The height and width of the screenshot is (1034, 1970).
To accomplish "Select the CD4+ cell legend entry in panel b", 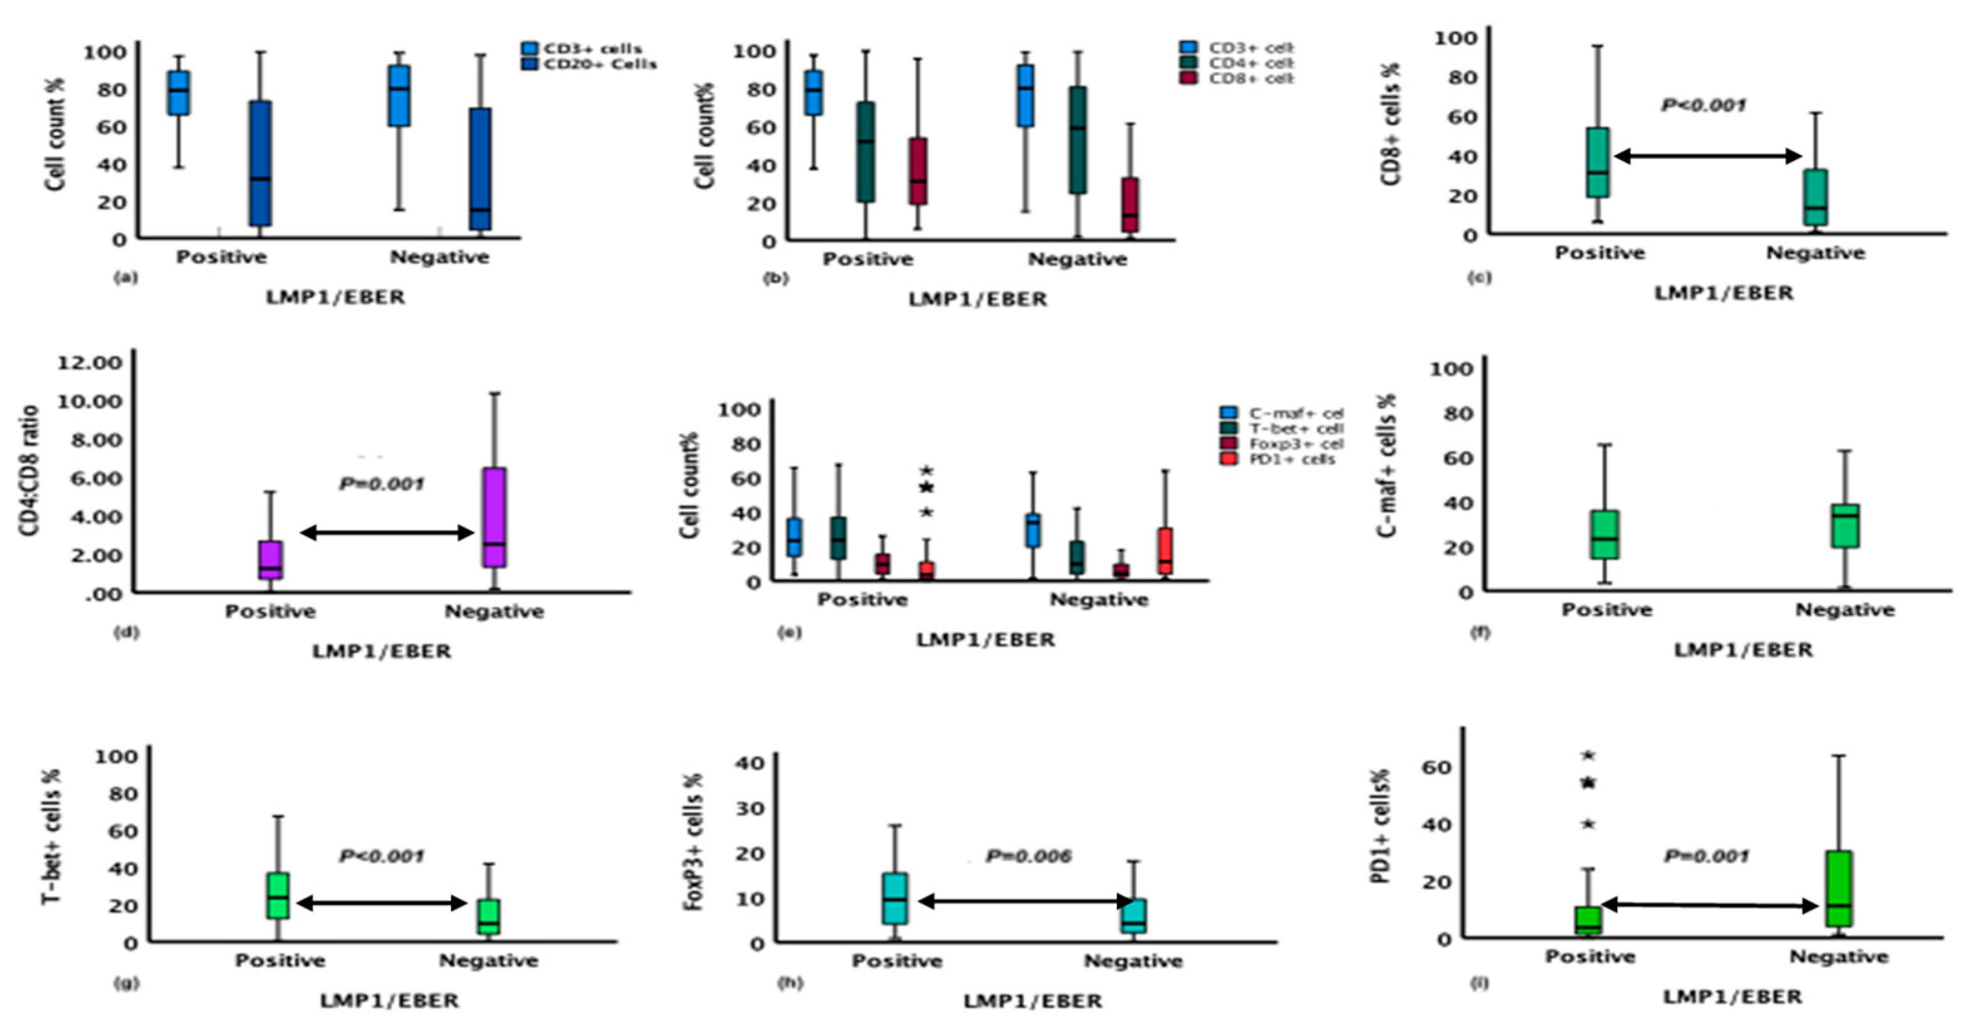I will pos(1251,63).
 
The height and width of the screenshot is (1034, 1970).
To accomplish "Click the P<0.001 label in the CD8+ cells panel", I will pos(1703,105).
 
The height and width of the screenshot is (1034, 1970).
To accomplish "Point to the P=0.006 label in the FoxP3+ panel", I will pos(1028,856).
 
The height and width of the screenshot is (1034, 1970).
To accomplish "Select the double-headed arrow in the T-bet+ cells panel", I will pos(382,903).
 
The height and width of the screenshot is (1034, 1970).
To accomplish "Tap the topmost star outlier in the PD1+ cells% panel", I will pos(1588,756).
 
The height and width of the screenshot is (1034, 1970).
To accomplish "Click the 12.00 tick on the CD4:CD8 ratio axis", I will pos(90,362).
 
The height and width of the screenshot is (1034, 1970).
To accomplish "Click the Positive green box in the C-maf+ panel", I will pos(1605,535).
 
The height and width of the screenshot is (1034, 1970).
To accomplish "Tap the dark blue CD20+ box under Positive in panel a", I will pos(260,163).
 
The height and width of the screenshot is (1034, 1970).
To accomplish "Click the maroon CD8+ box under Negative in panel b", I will pos(1129,205).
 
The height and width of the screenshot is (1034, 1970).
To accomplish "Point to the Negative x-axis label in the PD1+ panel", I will pos(1838,957).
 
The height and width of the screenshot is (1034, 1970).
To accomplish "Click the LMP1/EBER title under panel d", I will pos(382,652).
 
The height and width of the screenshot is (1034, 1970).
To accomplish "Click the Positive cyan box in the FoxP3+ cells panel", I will pos(895,899).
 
